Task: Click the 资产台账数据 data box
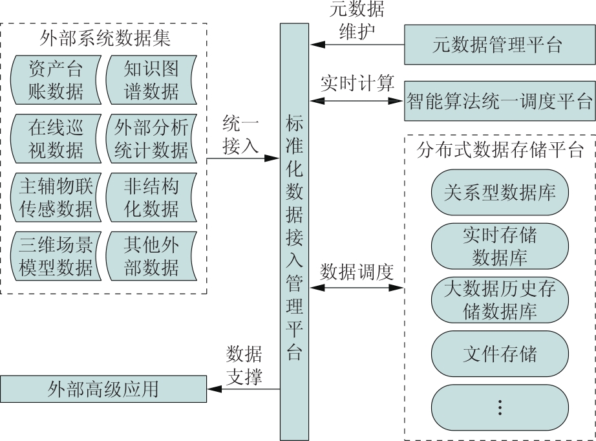[56, 80]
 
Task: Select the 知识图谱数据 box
[151, 80]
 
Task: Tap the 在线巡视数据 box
[56, 138]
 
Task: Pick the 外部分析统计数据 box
[151, 138]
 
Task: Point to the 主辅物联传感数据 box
[56, 197]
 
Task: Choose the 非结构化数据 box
[151, 197]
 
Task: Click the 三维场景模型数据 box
[56, 255]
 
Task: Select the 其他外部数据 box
[151, 255]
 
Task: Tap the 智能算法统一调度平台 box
[498, 101]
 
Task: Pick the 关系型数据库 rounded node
[500, 192]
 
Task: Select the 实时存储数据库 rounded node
[500, 246]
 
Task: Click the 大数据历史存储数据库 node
[500, 299]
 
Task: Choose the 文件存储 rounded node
[500, 353]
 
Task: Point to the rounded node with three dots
[500, 407]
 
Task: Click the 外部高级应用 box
[103, 389]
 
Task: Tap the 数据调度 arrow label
[357, 272]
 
